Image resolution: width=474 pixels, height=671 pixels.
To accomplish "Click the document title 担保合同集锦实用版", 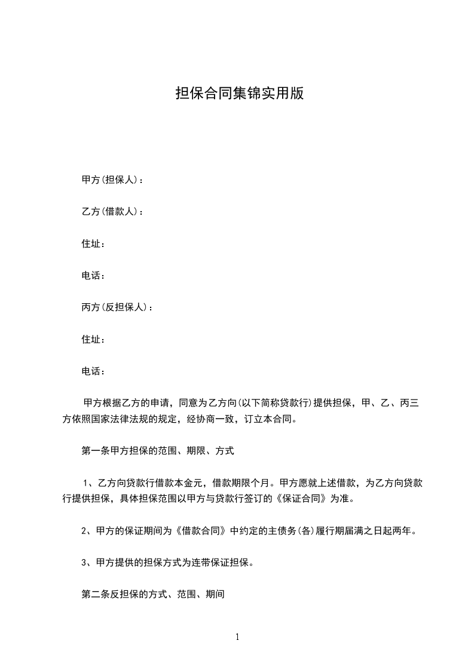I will (240, 93).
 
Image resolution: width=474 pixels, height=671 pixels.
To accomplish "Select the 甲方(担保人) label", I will (112, 179).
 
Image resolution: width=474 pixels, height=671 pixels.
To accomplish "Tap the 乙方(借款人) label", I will (112, 212).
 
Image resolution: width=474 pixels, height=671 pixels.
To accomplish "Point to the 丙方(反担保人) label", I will (117, 307).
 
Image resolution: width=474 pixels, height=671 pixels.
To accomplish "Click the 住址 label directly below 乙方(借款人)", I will (93, 243).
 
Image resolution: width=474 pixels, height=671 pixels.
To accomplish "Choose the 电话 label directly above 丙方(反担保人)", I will (93, 276).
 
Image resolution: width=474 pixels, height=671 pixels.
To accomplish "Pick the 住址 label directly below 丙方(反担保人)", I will (93, 340).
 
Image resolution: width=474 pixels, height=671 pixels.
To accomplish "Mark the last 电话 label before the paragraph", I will (93, 371).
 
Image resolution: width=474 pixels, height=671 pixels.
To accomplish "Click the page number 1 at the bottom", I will (237, 637).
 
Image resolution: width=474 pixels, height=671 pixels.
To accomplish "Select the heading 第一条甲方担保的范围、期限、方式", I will (157, 451).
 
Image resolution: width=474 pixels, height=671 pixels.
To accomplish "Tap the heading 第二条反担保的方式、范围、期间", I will (152, 595).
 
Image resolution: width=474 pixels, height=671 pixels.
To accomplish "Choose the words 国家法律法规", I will (126, 419).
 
